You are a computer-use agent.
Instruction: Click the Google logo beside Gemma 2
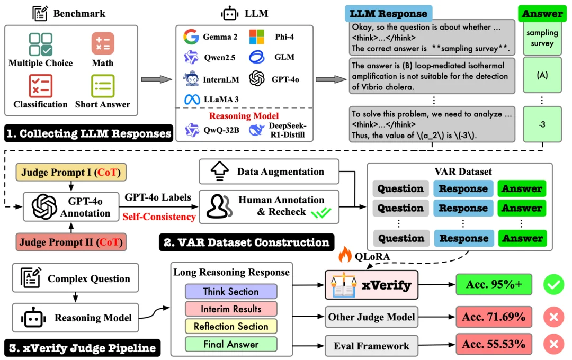coord(191,37)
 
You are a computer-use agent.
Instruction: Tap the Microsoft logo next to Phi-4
coord(256,37)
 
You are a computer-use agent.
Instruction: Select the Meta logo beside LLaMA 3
coord(192,99)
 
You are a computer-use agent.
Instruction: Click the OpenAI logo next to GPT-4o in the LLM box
coord(257,78)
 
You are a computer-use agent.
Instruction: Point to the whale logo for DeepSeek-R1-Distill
coord(256,130)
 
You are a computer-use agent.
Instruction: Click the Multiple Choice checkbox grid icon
coord(41,44)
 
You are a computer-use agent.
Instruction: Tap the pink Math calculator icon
coord(103,44)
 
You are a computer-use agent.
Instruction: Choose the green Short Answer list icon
coord(103,86)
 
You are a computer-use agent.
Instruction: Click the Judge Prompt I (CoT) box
coord(71,173)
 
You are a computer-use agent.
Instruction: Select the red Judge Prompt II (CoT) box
coord(71,242)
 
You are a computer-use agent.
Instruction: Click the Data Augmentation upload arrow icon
coord(220,171)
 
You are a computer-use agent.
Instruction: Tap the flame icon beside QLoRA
coord(345,254)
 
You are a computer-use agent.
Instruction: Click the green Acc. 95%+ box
coord(494,284)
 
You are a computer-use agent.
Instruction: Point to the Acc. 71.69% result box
coord(494,317)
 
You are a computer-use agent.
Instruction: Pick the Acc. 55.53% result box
coord(494,344)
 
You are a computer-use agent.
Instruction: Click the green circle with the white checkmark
coord(554,284)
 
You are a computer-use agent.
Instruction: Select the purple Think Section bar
coord(231,291)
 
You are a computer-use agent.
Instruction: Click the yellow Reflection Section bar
coord(231,327)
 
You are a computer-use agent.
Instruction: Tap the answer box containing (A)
coord(542,75)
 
